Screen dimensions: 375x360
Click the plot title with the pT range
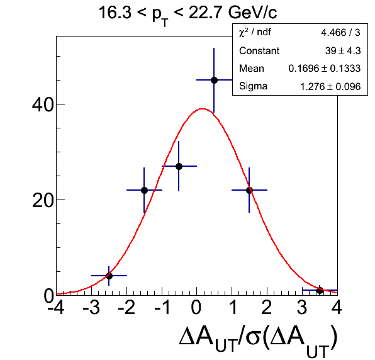point(187,14)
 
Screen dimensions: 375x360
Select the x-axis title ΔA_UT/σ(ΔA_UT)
point(258,341)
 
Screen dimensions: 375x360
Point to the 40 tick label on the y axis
point(43,104)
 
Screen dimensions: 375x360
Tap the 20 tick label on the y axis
point(43,200)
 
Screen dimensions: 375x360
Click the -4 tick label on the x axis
point(56,307)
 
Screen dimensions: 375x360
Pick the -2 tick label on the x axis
point(126,307)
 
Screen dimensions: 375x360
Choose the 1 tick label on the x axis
point(232,307)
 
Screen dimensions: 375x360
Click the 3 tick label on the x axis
point(302,307)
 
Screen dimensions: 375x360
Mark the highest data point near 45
point(214,80)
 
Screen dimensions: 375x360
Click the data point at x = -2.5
point(109,276)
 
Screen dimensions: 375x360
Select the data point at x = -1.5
point(144,191)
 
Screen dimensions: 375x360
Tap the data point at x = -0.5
point(179,166)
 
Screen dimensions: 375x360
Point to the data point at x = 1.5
point(249,191)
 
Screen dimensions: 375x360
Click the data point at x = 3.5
point(320,291)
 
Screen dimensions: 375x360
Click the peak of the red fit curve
point(203,109)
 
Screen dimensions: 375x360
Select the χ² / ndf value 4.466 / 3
point(340,33)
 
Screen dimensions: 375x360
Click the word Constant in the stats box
point(259,51)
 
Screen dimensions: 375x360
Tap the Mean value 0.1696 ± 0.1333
point(325,69)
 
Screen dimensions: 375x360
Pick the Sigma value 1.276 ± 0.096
point(330,87)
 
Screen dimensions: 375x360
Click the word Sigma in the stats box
point(254,86)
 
